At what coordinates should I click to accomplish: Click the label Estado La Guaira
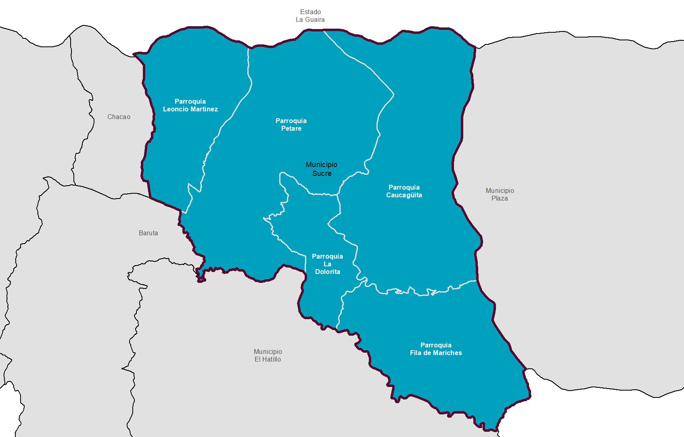pos(310,16)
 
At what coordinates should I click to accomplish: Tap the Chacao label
pos(119,117)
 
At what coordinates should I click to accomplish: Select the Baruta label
pos(148,233)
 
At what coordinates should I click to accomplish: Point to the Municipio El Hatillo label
pos(268,355)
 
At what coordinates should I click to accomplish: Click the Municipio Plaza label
pos(500,194)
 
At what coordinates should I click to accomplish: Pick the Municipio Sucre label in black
pos(322,169)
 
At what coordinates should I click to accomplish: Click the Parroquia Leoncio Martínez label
pos(190,105)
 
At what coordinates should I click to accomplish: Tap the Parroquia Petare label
pos(291,125)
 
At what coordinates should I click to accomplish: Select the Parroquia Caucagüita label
pos(404,191)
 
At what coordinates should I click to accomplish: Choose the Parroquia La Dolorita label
pos(327,264)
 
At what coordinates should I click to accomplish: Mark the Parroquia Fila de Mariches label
pos(436,349)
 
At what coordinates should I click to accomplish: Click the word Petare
pos(291,129)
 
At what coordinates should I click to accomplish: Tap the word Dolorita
pos(328,272)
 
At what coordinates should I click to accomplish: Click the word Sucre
pos(322,174)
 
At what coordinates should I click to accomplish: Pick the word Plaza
pos(500,199)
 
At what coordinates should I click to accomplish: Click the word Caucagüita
pos(404,195)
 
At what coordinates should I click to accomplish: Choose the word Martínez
pos(203,109)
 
